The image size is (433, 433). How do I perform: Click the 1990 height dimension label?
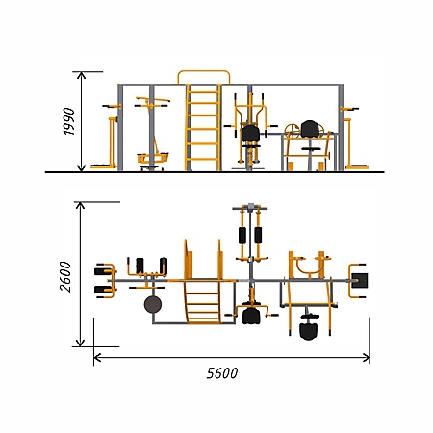click(68, 121)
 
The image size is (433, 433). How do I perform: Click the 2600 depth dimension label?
click(65, 276)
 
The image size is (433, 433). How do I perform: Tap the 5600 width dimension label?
click(222, 373)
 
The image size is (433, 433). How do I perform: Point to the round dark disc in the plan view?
click(153, 304)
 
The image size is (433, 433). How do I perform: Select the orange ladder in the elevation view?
click(203, 127)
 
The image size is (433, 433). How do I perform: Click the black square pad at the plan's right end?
click(360, 281)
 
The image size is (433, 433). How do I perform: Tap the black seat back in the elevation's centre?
click(250, 134)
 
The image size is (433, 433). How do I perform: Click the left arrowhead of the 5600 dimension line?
click(97, 358)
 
